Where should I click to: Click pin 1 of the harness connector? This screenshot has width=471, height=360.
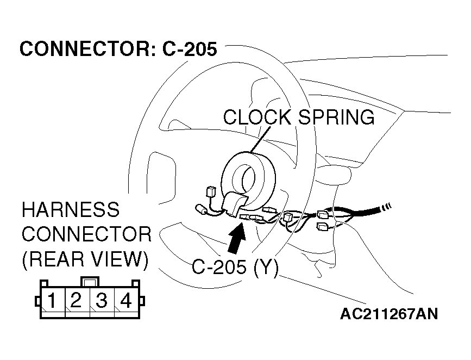pyautogui.click(x=52, y=300)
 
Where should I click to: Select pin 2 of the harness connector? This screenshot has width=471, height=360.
pyautogui.click(x=77, y=300)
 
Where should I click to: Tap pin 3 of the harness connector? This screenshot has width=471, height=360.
pyautogui.click(x=101, y=300)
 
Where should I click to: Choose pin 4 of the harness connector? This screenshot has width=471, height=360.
pyautogui.click(x=125, y=300)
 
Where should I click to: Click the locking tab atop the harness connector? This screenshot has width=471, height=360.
pyautogui.click(x=90, y=282)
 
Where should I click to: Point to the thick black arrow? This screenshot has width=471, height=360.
pyautogui.click(x=237, y=238)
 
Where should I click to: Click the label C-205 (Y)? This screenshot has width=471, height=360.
pyautogui.click(x=235, y=267)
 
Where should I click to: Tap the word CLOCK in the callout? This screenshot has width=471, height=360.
pyautogui.click(x=258, y=117)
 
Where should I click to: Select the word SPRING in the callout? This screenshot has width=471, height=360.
pyautogui.click(x=336, y=117)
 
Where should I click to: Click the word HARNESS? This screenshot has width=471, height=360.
pyautogui.click(x=70, y=210)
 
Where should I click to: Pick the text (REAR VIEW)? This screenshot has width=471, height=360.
pyautogui.click(x=85, y=259)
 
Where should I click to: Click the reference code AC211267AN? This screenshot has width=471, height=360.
pyautogui.click(x=390, y=314)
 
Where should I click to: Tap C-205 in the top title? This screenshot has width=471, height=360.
pyautogui.click(x=190, y=49)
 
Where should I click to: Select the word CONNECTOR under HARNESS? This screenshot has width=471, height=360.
pyautogui.click(x=86, y=235)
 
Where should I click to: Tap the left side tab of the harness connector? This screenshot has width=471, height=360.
pyautogui.click(x=37, y=301)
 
